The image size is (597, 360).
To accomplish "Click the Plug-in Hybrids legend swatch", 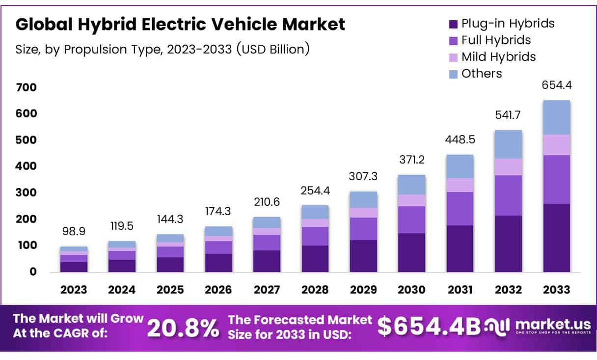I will [453, 24].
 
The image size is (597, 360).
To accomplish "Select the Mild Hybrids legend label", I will [498, 57].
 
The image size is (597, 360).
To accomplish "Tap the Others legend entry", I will [482, 74].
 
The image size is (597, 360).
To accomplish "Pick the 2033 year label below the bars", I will [557, 290].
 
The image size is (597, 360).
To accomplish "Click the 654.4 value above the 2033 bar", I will [557, 85].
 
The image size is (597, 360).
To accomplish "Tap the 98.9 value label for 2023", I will [74, 231].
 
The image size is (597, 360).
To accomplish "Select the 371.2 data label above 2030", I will [411, 160].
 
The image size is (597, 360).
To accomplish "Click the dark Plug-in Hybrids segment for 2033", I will [557, 238].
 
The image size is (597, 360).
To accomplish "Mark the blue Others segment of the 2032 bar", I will [508, 144].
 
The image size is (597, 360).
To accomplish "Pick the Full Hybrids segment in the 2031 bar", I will [460, 209].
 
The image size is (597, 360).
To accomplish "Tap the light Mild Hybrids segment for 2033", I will [557, 145].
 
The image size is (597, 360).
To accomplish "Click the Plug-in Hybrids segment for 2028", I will [315, 259].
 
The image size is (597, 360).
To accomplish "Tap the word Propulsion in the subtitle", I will [91, 49].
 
